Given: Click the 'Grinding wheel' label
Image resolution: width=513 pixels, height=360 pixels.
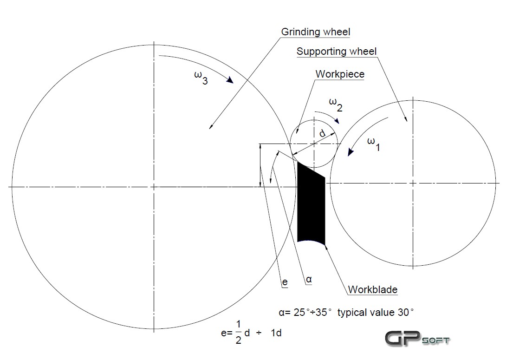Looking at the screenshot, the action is click(316, 32).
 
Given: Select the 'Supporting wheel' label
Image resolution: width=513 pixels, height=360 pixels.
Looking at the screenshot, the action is click(336, 52).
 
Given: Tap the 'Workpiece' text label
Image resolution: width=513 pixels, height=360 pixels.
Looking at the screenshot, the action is click(340, 74).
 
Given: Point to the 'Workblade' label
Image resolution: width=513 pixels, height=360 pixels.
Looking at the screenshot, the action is click(373, 290).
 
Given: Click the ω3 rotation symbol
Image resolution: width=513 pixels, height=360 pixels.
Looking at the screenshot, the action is click(201, 78).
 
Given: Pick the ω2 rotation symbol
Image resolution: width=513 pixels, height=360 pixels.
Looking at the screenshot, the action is click(336, 105).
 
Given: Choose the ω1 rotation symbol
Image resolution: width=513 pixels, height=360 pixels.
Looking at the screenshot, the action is click(374, 144).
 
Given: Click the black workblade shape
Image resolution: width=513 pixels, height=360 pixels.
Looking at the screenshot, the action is click(311, 203).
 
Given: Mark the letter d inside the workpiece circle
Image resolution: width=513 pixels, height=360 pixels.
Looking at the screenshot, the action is click(323, 133).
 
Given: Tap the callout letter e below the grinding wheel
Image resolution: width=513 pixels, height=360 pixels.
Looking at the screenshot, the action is click(285, 282).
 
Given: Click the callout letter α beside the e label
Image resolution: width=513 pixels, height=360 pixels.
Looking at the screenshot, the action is click(309, 279).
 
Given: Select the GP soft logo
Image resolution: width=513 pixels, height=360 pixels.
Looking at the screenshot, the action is click(417, 338).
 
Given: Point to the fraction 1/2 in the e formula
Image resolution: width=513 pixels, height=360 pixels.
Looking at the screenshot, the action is click(238, 333).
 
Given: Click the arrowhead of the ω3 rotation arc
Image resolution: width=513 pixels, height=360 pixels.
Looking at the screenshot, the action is click(230, 80).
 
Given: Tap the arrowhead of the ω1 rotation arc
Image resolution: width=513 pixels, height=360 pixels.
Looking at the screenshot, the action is click(350, 152).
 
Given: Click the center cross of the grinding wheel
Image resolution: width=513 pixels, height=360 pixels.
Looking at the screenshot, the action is click(154, 187).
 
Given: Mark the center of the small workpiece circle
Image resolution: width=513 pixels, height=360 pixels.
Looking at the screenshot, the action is click(314, 144).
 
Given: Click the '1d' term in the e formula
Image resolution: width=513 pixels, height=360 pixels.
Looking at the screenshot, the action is click(276, 333).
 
